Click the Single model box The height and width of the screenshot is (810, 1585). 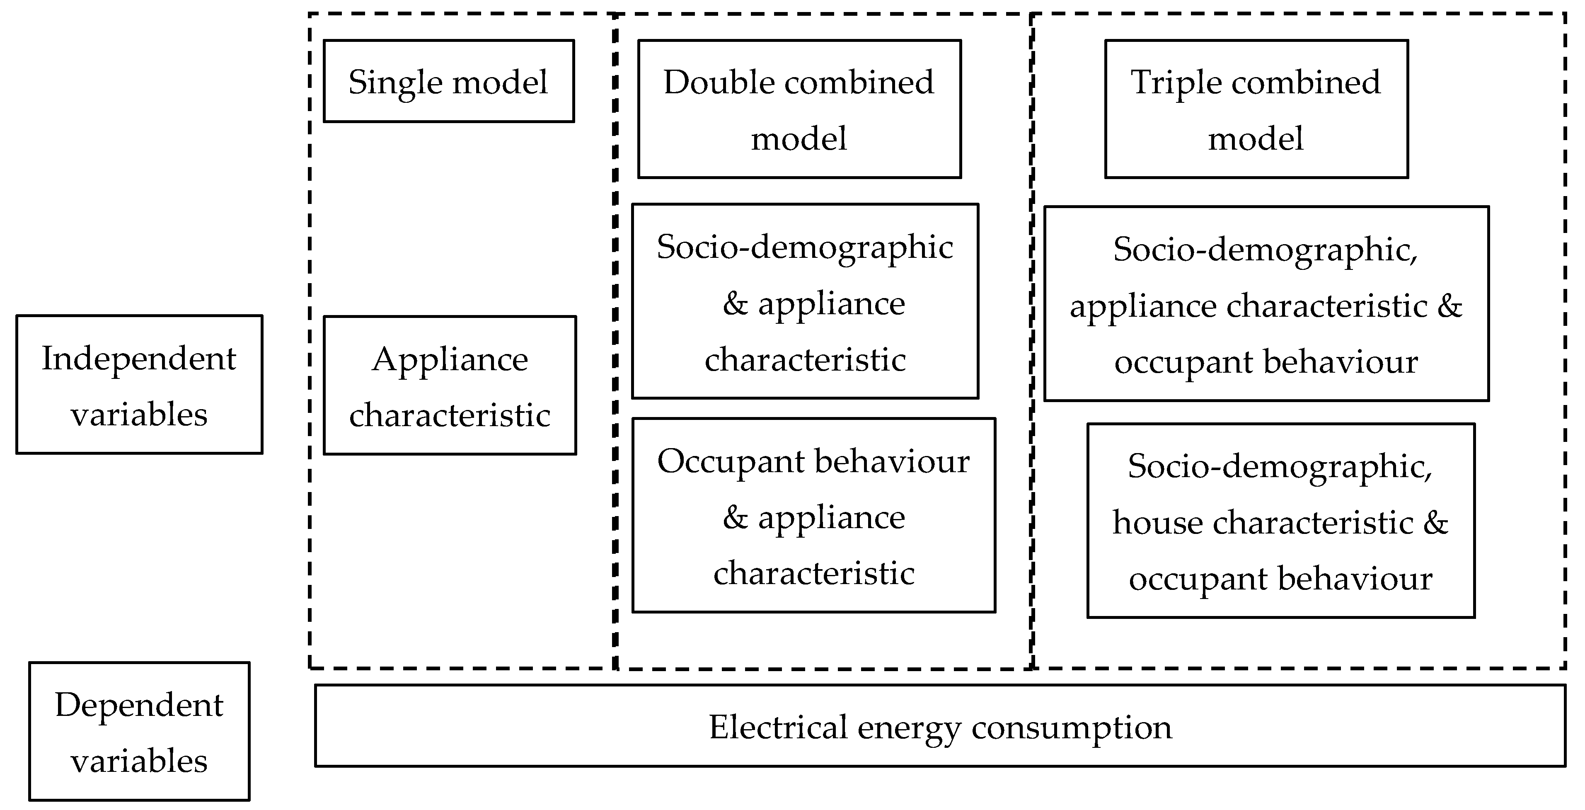(448, 81)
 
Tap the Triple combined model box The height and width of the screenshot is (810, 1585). (1256, 109)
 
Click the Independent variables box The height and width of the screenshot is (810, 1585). (139, 385)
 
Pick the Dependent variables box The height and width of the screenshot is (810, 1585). (139, 731)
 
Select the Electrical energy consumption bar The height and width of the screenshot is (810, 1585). (939, 726)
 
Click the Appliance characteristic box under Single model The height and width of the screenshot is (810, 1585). (450, 385)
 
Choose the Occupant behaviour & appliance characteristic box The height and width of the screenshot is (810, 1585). (813, 516)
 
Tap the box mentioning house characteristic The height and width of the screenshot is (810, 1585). (1280, 521)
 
